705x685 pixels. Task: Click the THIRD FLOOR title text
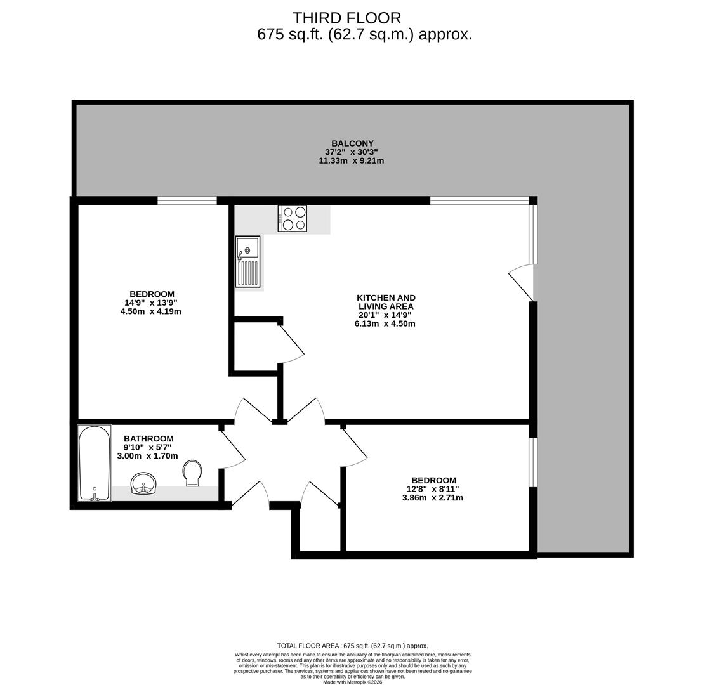point(346,18)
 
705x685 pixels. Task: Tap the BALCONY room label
point(352,143)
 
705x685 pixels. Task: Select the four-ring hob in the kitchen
point(293,218)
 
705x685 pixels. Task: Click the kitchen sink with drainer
point(247,261)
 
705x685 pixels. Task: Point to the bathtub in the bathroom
point(94,463)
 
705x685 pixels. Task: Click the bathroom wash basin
point(143,483)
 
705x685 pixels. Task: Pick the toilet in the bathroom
point(192,473)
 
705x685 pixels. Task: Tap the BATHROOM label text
point(148,438)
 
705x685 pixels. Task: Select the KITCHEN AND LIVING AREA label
point(386,302)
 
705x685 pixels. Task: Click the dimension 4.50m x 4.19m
point(151,311)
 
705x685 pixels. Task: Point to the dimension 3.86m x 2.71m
point(433,498)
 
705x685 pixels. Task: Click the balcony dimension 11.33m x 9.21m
point(352,161)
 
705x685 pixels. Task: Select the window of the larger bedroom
point(187,201)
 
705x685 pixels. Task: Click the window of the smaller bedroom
point(533,462)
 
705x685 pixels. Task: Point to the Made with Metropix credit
point(353,682)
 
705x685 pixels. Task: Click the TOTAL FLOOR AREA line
point(353,646)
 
